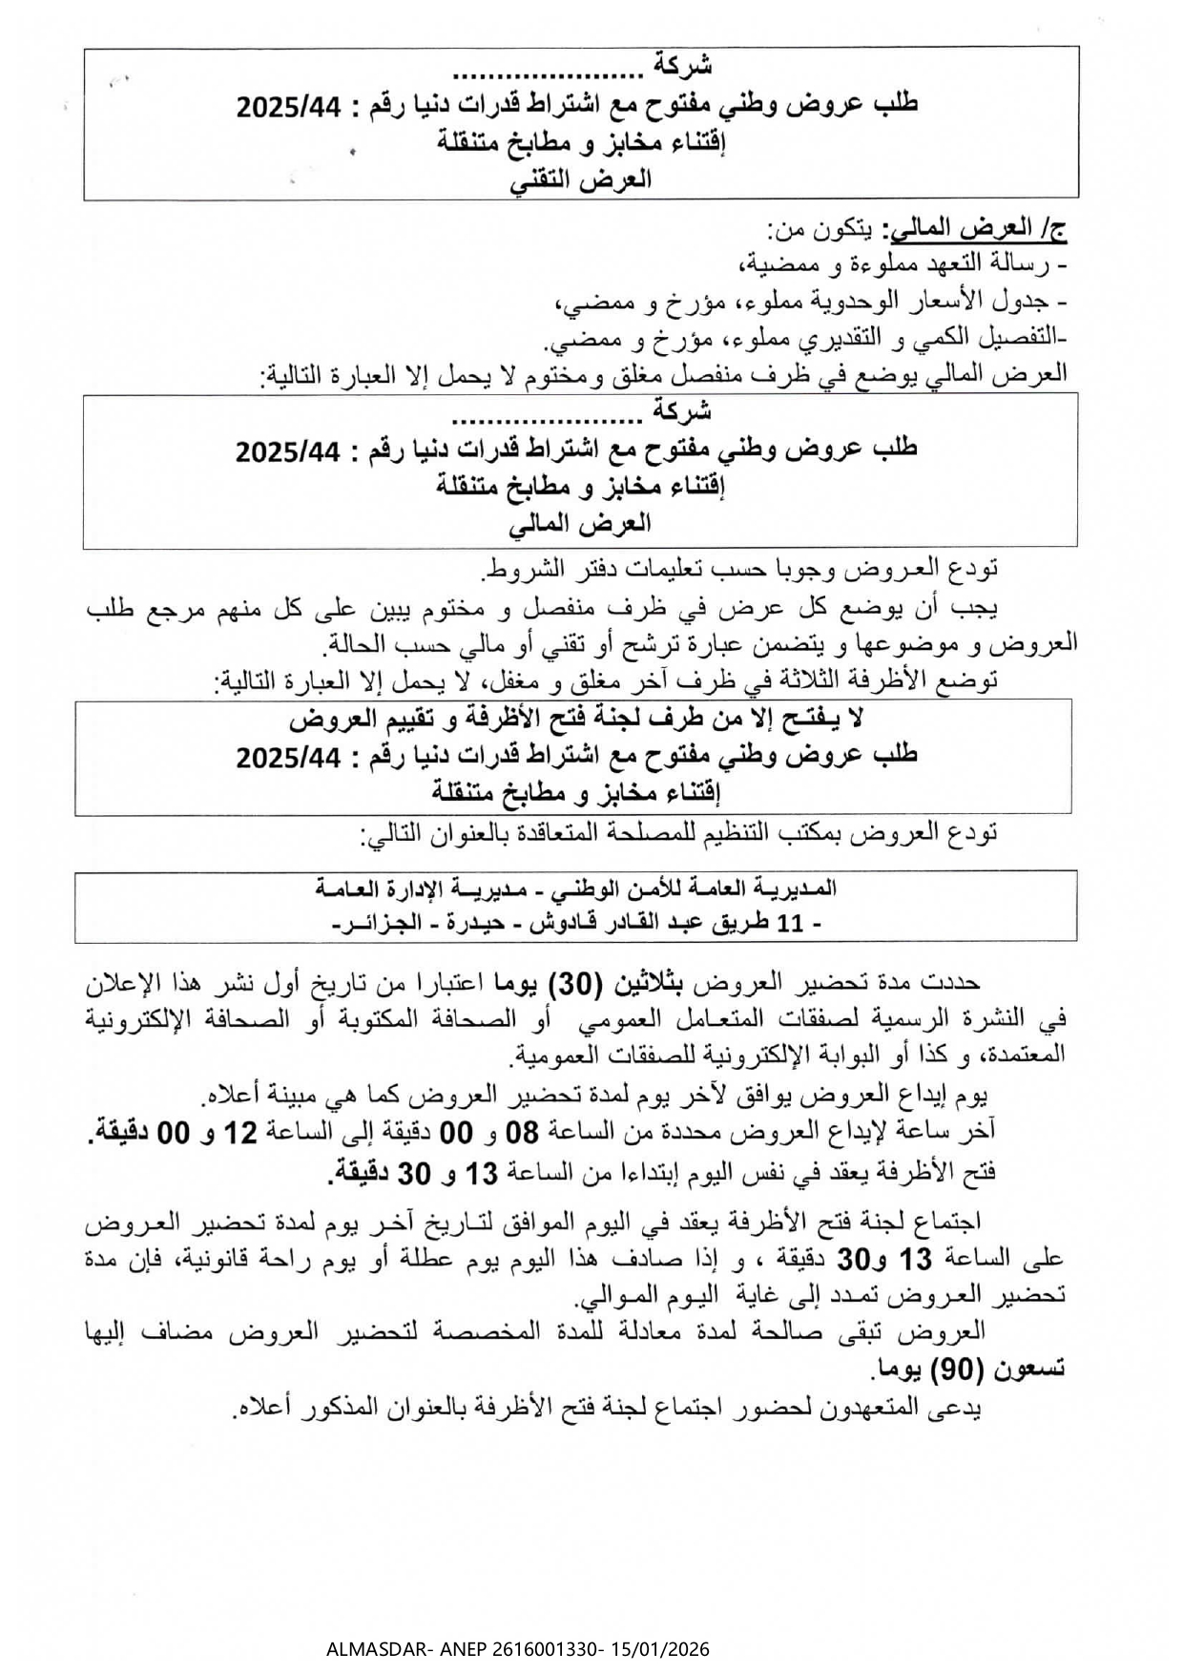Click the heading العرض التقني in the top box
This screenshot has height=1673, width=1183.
click(582, 179)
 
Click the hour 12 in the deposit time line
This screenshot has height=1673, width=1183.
click(240, 1132)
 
